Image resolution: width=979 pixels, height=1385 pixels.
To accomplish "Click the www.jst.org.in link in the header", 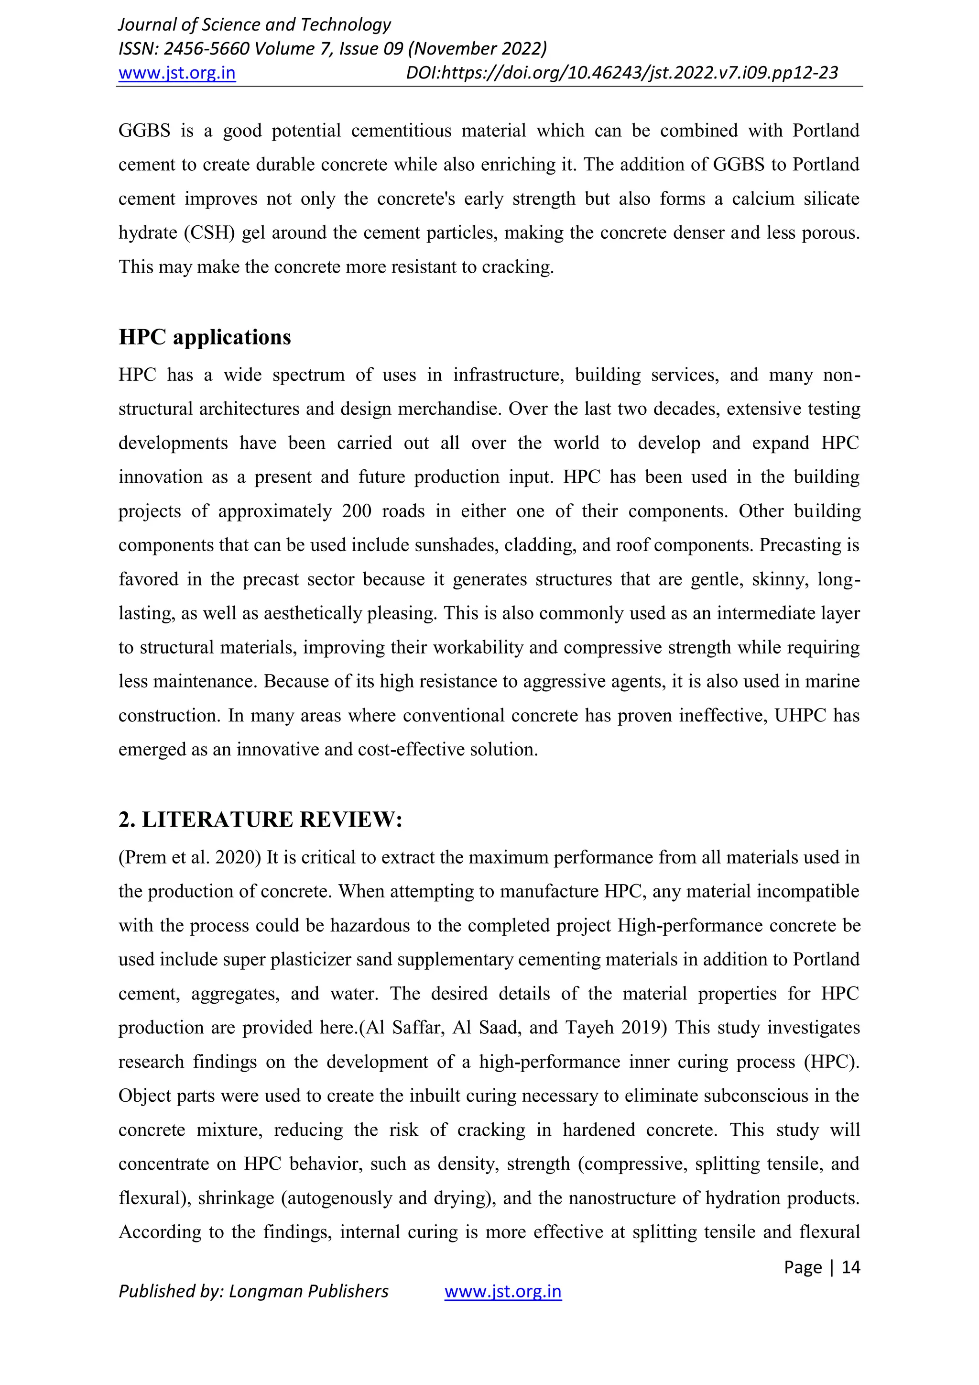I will tap(176, 73).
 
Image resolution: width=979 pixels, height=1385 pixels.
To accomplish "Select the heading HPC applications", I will tap(205, 337).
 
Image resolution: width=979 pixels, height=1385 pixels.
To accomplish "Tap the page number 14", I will tap(850, 1267).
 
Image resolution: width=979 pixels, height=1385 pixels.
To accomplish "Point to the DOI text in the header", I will tap(621, 73).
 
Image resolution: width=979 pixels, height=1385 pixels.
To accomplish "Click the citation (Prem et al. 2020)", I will tap(189, 857).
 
